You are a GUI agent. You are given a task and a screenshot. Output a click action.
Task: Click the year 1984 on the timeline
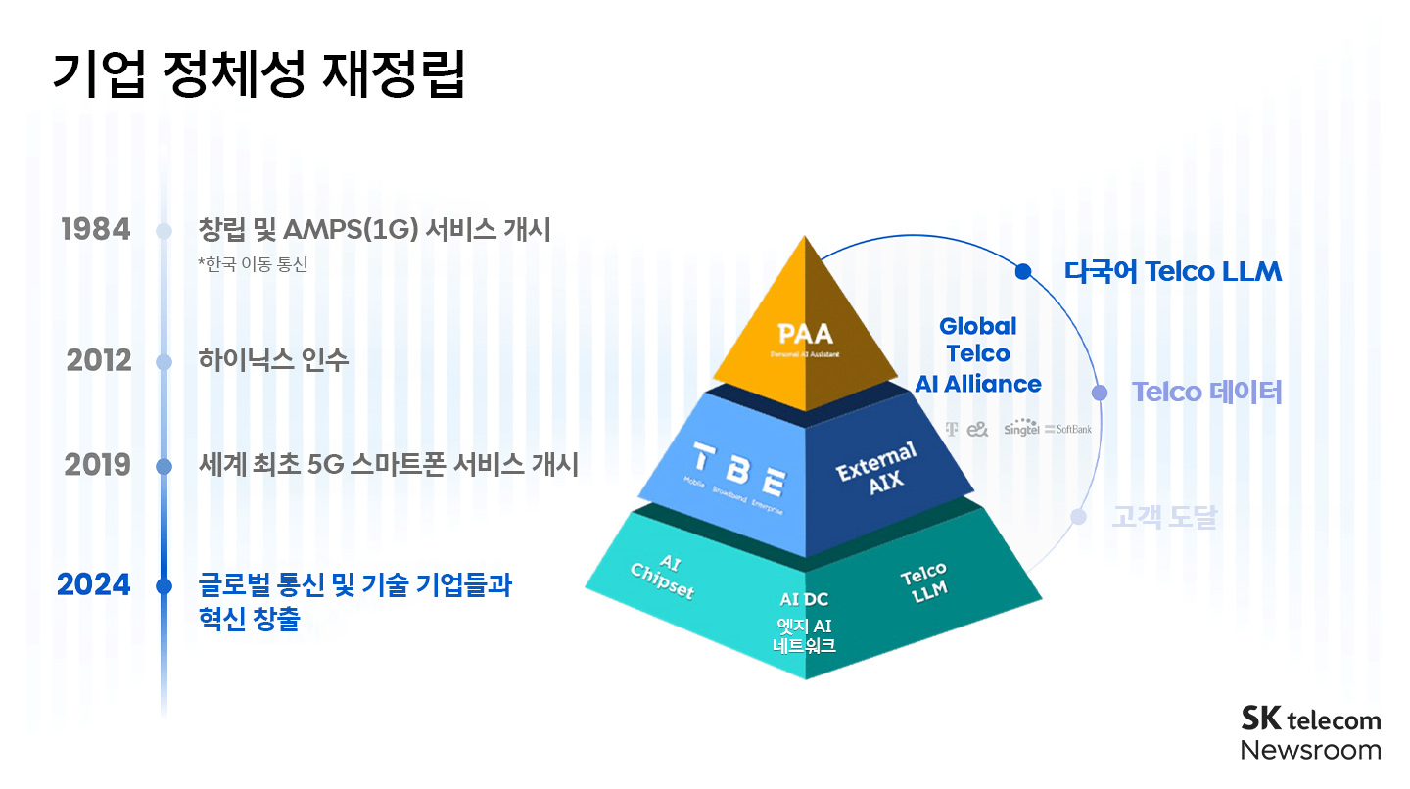click(x=95, y=230)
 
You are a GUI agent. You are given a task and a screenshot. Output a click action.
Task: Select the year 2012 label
click(x=99, y=361)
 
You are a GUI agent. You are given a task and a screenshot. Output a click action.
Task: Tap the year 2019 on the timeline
click(x=98, y=465)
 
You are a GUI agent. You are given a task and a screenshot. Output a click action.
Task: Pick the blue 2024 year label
click(x=93, y=585)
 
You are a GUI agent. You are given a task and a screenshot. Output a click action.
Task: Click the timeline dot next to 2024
click(x=164, y=586)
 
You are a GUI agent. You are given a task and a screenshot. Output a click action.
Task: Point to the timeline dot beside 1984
click(x=164, y=231)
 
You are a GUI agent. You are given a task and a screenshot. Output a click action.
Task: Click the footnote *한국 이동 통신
click(x=252, y=264)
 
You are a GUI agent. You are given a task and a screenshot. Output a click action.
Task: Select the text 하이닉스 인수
click(x=273, y=361)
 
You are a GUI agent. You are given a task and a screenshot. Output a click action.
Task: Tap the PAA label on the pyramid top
click(x=805, y=334)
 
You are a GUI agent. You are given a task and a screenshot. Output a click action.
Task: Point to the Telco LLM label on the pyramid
click(x=922, y=582)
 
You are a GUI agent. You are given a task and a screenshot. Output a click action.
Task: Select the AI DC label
click(x=804, y=599)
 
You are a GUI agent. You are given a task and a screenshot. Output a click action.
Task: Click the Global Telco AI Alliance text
click(x=977, y=355)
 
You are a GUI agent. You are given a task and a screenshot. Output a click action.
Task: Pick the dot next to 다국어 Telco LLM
click(x=1023, y=271)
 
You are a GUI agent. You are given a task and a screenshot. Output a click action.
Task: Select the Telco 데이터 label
click(x=1206, y=393)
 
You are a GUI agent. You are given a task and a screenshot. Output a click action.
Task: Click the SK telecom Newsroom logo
click(x=1310, y=733)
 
